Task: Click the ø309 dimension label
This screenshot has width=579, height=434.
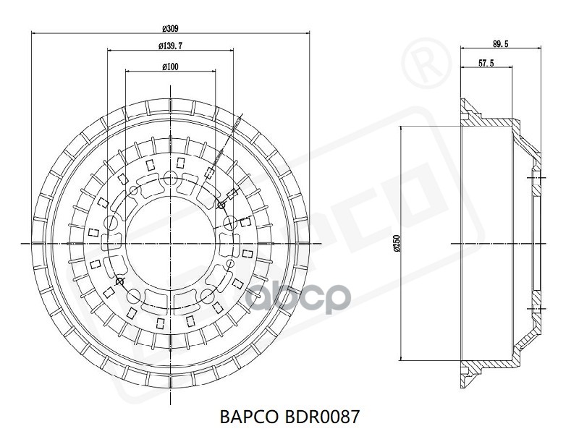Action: tap(170, 28)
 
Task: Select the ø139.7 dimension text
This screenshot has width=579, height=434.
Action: tap(170, 46)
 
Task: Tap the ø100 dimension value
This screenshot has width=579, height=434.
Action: tap(170, 67)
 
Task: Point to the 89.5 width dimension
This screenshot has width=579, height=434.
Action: tap(500, 43)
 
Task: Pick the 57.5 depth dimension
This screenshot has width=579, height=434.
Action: tap(486, 63)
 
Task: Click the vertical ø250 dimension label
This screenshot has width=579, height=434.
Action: tap(397, 244)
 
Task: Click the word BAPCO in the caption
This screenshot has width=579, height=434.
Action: tap(249, 417)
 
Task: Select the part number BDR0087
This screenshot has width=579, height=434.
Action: tap(322, 417)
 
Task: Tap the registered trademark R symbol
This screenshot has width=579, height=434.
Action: tap(426, 63)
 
